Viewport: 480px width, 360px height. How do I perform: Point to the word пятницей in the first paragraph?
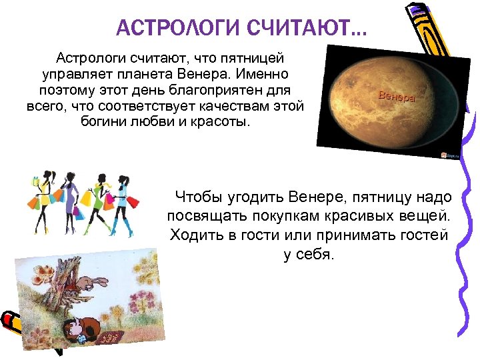coord(261,59)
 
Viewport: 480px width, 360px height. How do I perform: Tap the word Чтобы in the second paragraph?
coord(197,197)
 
